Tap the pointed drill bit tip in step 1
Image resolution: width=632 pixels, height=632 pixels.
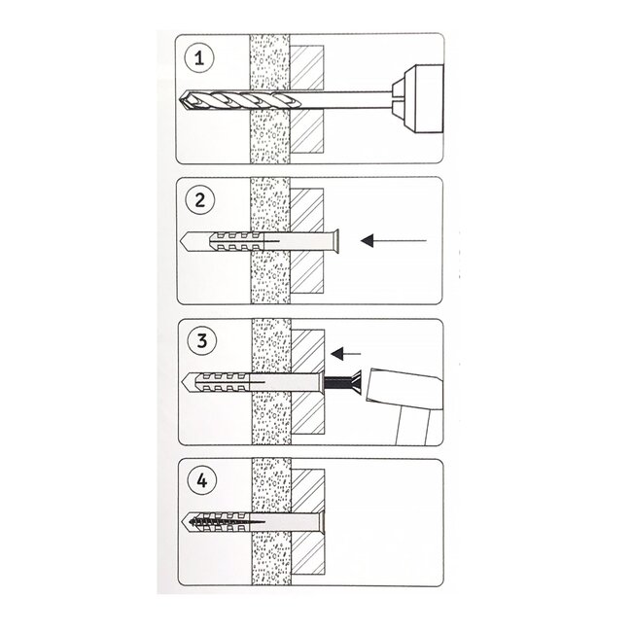pos(186,100)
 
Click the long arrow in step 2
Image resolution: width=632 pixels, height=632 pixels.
pos(394,239)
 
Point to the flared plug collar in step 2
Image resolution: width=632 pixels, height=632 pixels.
pos(334,238)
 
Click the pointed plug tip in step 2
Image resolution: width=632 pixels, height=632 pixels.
pos(186,239)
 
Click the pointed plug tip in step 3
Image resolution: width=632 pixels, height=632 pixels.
pos(186,380)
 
